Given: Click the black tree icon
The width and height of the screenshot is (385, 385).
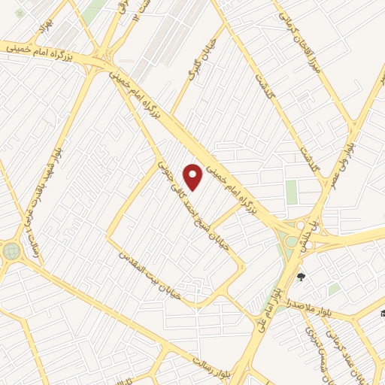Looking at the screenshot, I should [x=302, y=276].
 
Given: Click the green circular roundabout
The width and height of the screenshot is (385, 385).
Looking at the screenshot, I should [x=11, y=250].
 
